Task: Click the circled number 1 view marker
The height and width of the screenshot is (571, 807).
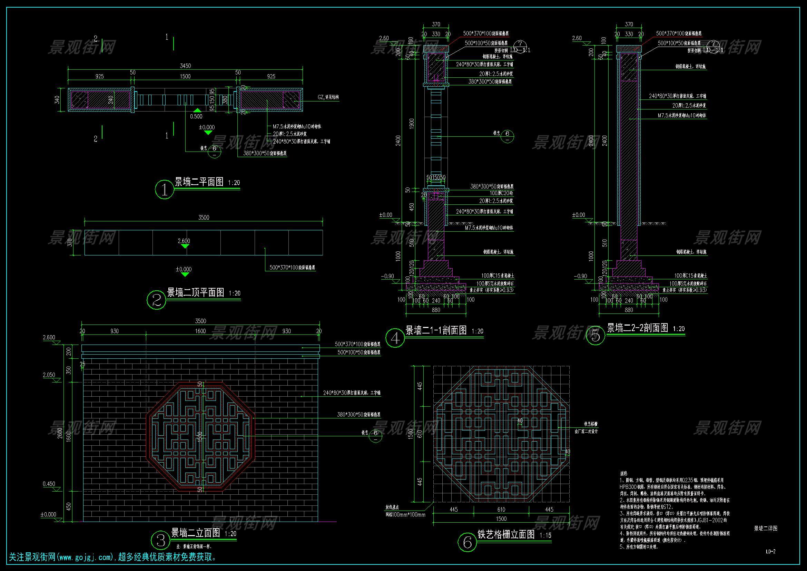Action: [x=165, y=190]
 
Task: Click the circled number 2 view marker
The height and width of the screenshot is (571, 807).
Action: [x=156, y=300]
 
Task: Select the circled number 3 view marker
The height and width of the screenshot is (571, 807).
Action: [x=161, y=540]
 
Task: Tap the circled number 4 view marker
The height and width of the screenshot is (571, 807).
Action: [x=395, y=338]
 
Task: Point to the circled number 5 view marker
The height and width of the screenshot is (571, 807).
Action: [x=596, y=336]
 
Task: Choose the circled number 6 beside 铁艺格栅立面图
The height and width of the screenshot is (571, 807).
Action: [x=468, y=543]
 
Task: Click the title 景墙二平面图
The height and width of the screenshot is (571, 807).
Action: [x=199, y=182]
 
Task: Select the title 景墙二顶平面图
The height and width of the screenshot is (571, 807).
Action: [x=195, y=292]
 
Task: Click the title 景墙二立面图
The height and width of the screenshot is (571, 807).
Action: [x=195, y=533]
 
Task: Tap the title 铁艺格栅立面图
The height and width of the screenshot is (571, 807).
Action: [x=506, y=535]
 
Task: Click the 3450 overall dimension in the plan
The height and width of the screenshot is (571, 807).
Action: [x=185, y=66]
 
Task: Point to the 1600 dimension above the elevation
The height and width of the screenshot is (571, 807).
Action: [x=200, y=331]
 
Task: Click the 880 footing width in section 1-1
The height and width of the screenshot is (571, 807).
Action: [x=436, y=310]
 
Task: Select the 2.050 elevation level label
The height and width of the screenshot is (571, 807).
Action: [x=49, y=375]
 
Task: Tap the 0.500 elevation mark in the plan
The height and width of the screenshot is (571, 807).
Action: [x=196, y=116]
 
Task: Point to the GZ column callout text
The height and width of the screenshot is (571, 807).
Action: [x=328, y=97]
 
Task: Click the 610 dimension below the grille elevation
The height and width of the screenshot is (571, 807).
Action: [x=501, y=510]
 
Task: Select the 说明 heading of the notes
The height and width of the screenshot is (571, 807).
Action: [x=623, y=474]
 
